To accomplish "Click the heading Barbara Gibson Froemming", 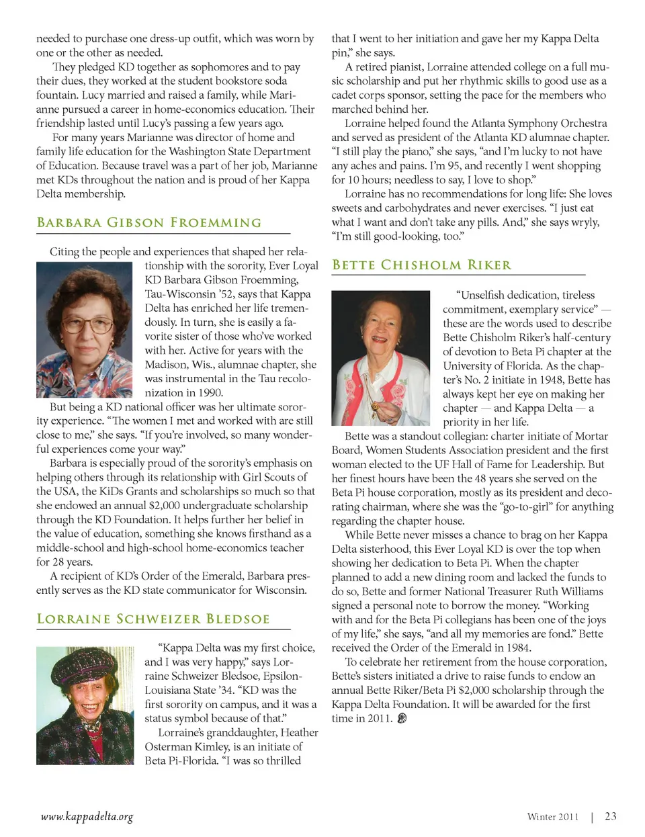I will click(x=149, y=222).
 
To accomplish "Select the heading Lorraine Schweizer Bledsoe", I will click(x=153, y=619).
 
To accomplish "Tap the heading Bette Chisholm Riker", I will click(x=422, y=265).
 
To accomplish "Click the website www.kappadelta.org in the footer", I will click(x=87, y=817).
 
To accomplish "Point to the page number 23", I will click(x=610, y=816).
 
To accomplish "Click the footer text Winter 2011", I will click(x=552, y=817).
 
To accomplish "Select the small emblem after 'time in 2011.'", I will click(x=402, y=718).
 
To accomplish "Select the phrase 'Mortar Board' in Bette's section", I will click(x=591, y=437).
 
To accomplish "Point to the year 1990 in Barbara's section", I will click(x=210, y=392).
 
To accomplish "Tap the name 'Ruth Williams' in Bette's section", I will click(x=570, y=591).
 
